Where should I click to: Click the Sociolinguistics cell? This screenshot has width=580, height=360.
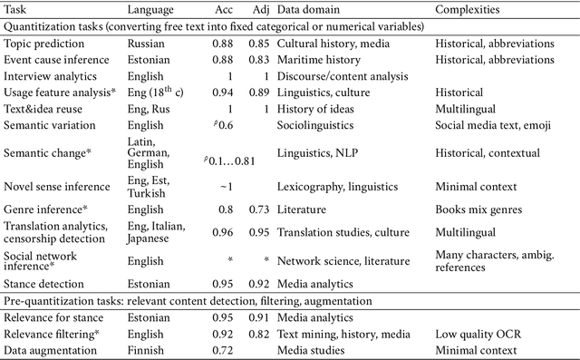pyautogui.click(x=316, y=126)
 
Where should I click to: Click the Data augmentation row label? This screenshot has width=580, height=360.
pyautogui.click(x=47, y=350)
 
